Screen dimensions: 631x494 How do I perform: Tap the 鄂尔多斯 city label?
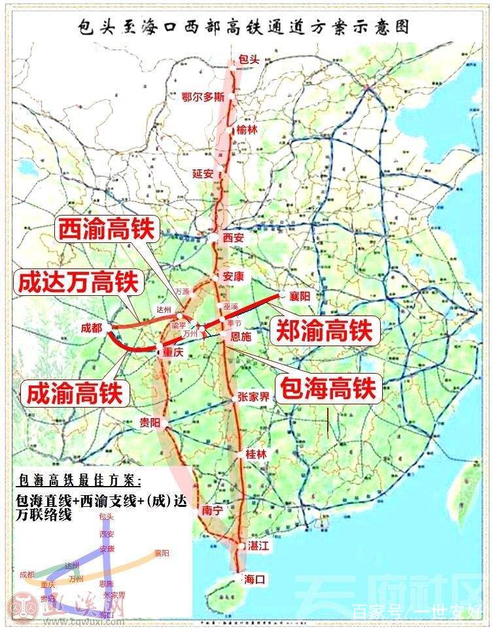(203, 97)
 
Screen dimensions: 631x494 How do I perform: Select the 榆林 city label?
(247, 129)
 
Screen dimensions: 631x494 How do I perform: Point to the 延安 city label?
(203, 174)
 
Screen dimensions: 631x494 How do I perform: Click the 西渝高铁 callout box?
(106, 230)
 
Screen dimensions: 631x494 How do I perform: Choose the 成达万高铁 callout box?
(77, 282)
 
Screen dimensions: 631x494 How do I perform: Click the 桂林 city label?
(256, 454)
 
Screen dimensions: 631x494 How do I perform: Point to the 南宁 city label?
(213, 510)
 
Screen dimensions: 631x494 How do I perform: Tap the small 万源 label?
(181, 291)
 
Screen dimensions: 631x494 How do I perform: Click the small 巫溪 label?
(231, 306)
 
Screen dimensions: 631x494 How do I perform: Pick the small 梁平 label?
(178, 325)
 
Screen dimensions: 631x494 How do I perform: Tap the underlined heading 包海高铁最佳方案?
(80, 482)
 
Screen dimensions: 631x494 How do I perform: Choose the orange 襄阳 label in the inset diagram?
(161, 553)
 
